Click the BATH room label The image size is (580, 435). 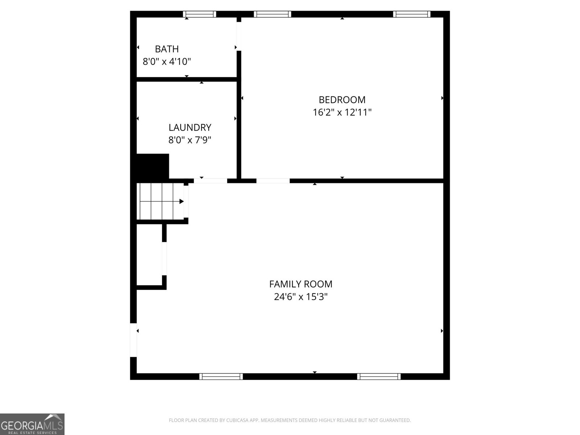[167, 49]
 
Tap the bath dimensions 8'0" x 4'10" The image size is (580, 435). [167, 62]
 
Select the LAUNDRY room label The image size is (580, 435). [190, 128]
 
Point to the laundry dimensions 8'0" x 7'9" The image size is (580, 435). [190, 140]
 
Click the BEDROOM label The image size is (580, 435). [342, 100]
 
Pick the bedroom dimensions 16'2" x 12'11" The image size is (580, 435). [342, 112]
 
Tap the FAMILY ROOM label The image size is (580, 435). [301, 284]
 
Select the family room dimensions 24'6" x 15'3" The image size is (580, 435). [301, 297]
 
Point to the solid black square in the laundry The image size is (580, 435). [152, 166]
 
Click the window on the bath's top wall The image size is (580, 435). [199, 14]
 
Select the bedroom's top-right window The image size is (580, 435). [412, 14]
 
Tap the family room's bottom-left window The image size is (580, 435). [221, 377]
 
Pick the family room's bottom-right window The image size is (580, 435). [379, 377]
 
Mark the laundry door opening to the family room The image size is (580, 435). [210, 181]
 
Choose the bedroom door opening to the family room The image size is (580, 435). [273, 181]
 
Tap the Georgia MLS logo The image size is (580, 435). [32, 424]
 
